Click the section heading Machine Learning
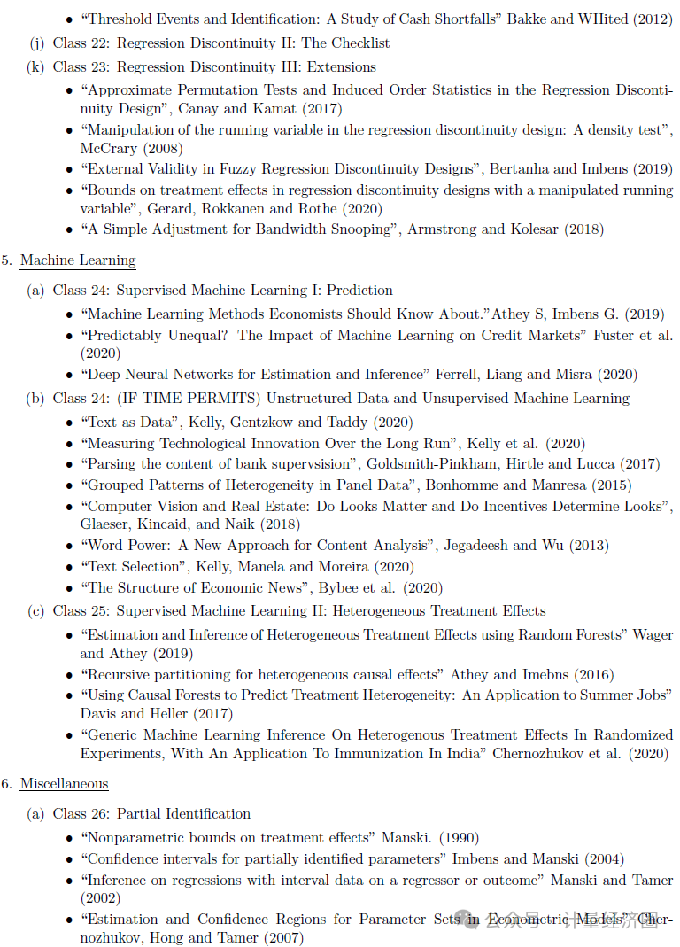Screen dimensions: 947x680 click(78, 260)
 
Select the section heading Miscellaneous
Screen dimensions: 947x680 click(64, 784)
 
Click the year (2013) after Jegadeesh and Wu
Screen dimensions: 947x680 click(589, 546)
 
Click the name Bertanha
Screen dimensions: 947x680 click(524, 169)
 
